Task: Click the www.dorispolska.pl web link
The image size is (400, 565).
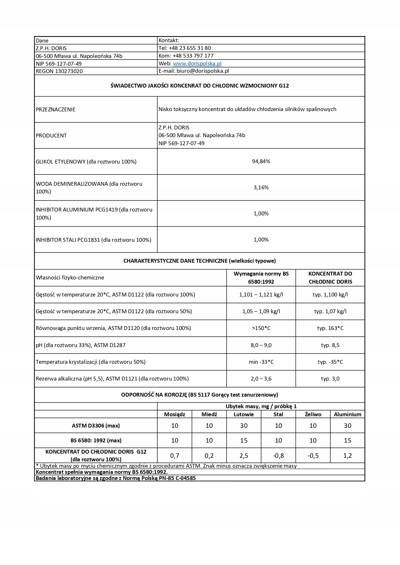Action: pos(197,63)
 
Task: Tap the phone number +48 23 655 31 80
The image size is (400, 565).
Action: pos(185,48)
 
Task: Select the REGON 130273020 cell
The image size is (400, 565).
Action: pos(59,71)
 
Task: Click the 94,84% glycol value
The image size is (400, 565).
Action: pos(261,161)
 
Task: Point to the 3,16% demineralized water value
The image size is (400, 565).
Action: pos(261,187)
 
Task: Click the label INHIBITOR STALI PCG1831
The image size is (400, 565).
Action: pos(93,240)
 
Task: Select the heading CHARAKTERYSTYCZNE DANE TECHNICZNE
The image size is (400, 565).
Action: pos(199,261)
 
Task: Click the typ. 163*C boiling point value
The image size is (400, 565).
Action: pos(330,328)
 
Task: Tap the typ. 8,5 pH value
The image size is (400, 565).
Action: pos(330,345)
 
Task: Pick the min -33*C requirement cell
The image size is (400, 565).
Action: pos(261,362)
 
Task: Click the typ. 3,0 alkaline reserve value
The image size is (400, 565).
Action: pos(330,379)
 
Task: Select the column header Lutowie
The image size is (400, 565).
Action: pos(244,414)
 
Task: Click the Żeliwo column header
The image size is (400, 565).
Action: pos(313,414)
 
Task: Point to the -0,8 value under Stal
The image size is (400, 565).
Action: pos(278,456)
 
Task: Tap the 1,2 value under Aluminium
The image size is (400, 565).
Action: pos(347,456)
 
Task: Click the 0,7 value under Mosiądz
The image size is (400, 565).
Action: pos(174,456)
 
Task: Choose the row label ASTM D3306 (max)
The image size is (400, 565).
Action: pos(96,426)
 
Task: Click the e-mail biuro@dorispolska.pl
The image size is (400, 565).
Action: pos(193,71)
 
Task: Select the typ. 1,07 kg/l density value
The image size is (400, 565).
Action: pos(330,311)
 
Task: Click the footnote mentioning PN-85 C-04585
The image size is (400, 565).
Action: pos(115,478)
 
